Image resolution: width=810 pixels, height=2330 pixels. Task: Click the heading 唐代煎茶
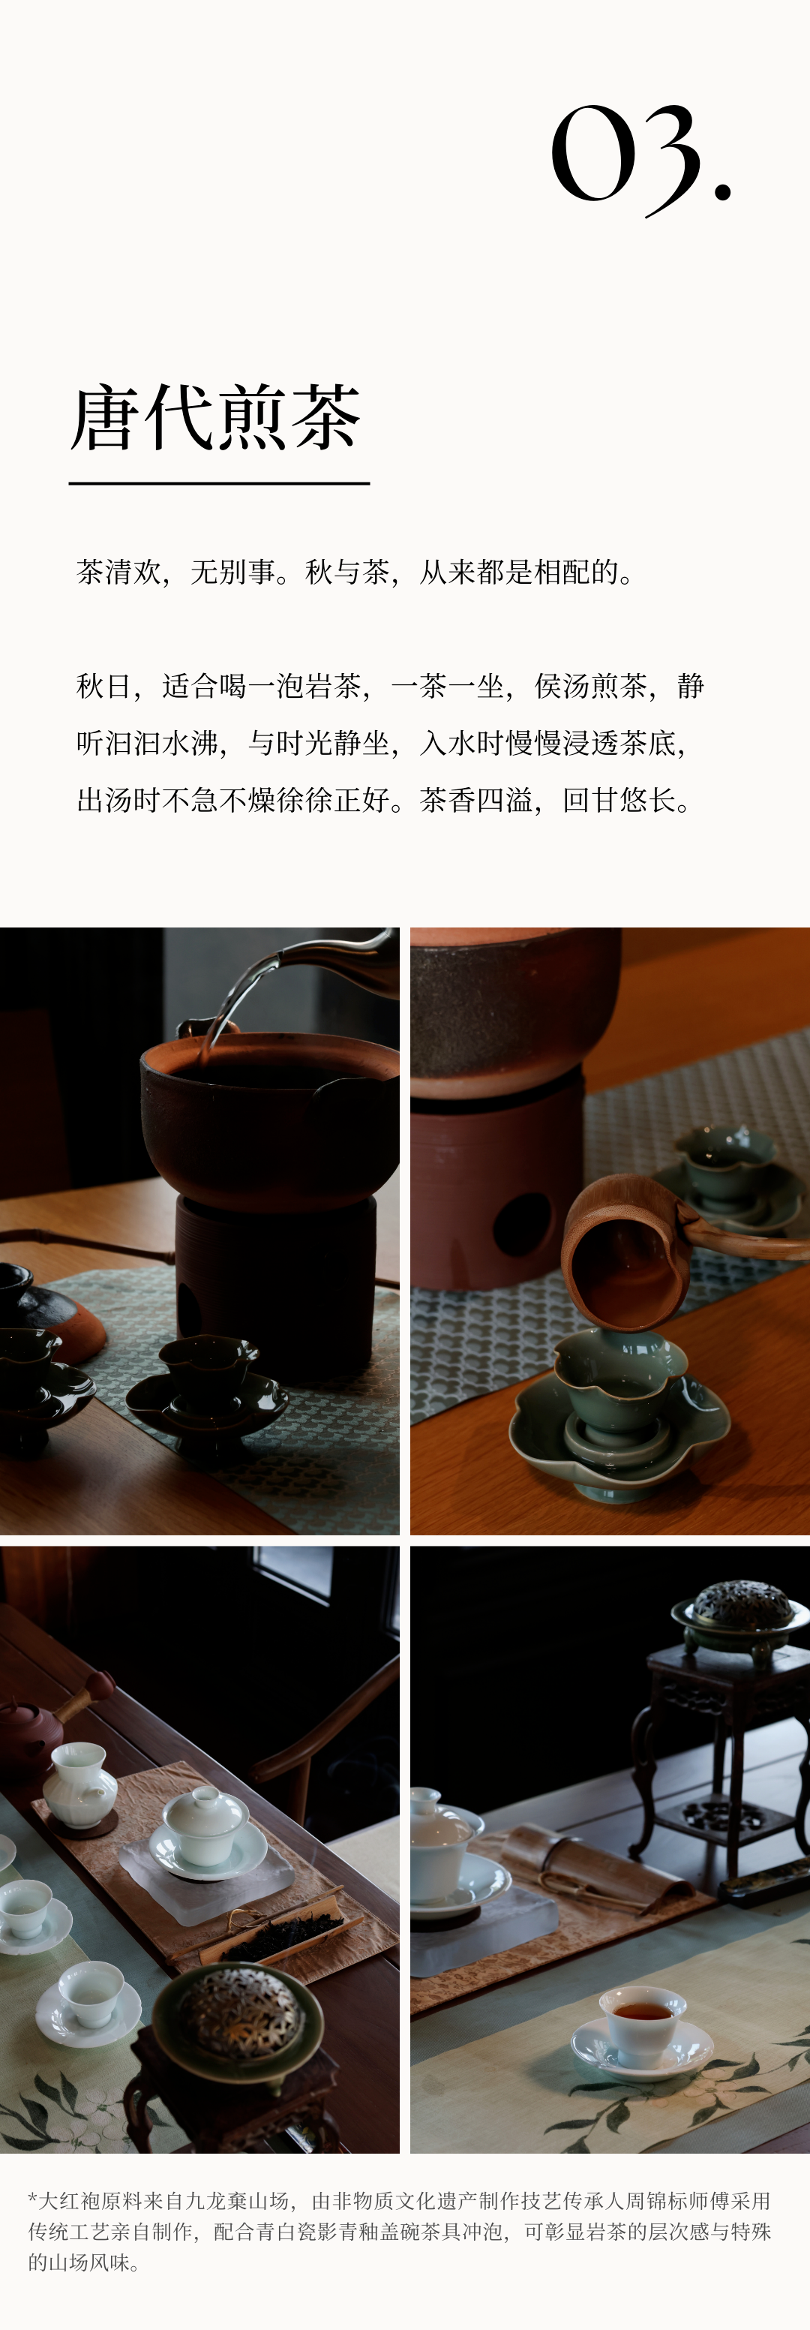pos(215,418)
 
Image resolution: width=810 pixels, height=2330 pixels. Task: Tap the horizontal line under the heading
pos(219,483)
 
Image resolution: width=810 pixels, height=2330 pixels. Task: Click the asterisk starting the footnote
pos(32,2199)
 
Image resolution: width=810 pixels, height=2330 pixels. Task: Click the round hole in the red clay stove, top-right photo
pos(523,1223)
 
